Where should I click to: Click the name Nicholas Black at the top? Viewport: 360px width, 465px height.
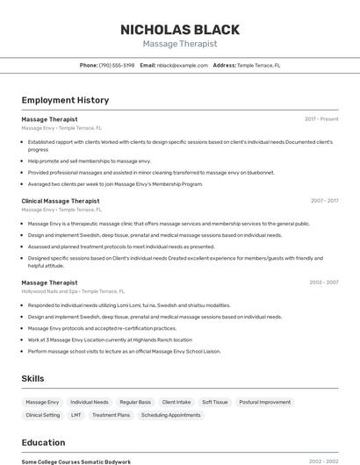point(180,29)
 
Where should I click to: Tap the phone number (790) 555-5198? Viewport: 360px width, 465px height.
point(117,65)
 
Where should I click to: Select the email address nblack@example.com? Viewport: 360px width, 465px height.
point(176,65)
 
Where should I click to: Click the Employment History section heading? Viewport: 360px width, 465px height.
point(65,100)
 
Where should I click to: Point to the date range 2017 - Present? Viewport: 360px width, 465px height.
point(321,119)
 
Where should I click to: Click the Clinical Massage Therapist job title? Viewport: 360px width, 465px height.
point(61,201)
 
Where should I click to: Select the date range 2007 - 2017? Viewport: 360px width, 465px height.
point(324,201)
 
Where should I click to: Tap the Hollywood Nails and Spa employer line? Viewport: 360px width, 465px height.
point(73,291)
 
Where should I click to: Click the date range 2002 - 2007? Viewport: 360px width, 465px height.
point(324,283)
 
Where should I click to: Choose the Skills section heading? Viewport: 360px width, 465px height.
point(33,378)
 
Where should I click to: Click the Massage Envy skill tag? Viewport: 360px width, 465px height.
point(42,402)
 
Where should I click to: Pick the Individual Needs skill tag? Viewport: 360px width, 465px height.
point(90,402)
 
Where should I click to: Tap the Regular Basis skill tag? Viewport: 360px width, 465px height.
point(135,402)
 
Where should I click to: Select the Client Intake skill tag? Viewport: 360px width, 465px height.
point(176,402)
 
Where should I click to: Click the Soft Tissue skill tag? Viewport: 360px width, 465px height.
point(214,402)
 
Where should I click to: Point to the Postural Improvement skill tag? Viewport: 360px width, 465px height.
point(264,402)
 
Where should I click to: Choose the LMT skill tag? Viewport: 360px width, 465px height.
point(76,415)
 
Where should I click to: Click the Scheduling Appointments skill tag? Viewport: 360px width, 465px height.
point(171,415)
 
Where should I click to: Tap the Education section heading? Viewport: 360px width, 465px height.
point(43,442)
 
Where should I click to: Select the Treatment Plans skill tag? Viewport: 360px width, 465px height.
point(111,415)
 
